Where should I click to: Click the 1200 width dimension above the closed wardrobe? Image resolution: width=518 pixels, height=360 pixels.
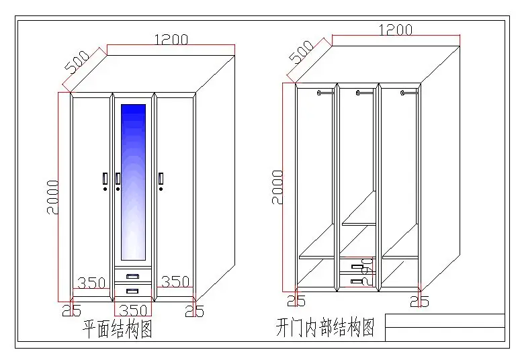[x=171, y=40]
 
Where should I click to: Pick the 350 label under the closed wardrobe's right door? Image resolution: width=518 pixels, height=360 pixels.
[x=174, y=282]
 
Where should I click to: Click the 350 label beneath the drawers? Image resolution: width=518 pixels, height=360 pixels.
[x=132, y=310]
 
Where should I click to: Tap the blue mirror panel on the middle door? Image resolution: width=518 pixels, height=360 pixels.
[x=132, y=181]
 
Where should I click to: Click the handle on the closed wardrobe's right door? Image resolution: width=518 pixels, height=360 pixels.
[x=162, y=179]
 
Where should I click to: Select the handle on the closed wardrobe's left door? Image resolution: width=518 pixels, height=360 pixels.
[x=105, y=179]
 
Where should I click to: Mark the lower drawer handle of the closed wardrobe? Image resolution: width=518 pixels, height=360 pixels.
[x=132, y=291]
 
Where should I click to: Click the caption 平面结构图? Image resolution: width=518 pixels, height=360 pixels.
[x=117, y=330]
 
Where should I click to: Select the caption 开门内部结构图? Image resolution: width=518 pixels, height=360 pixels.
[x=325, y=328]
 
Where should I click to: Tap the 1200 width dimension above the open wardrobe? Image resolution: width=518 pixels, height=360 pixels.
[x=395, y=30]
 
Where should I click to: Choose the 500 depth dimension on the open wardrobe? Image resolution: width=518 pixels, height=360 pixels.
[x=302, y=51]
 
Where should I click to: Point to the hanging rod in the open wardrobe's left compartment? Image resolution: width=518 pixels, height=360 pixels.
[x=324, y=93]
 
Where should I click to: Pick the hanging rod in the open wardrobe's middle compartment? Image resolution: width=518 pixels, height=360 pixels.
[x=363, y=93]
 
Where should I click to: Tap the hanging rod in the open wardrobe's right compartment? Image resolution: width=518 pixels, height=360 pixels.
[x=406, y=91]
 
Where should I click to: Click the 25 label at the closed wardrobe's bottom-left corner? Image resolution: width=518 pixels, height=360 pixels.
[x=71, y=310]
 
